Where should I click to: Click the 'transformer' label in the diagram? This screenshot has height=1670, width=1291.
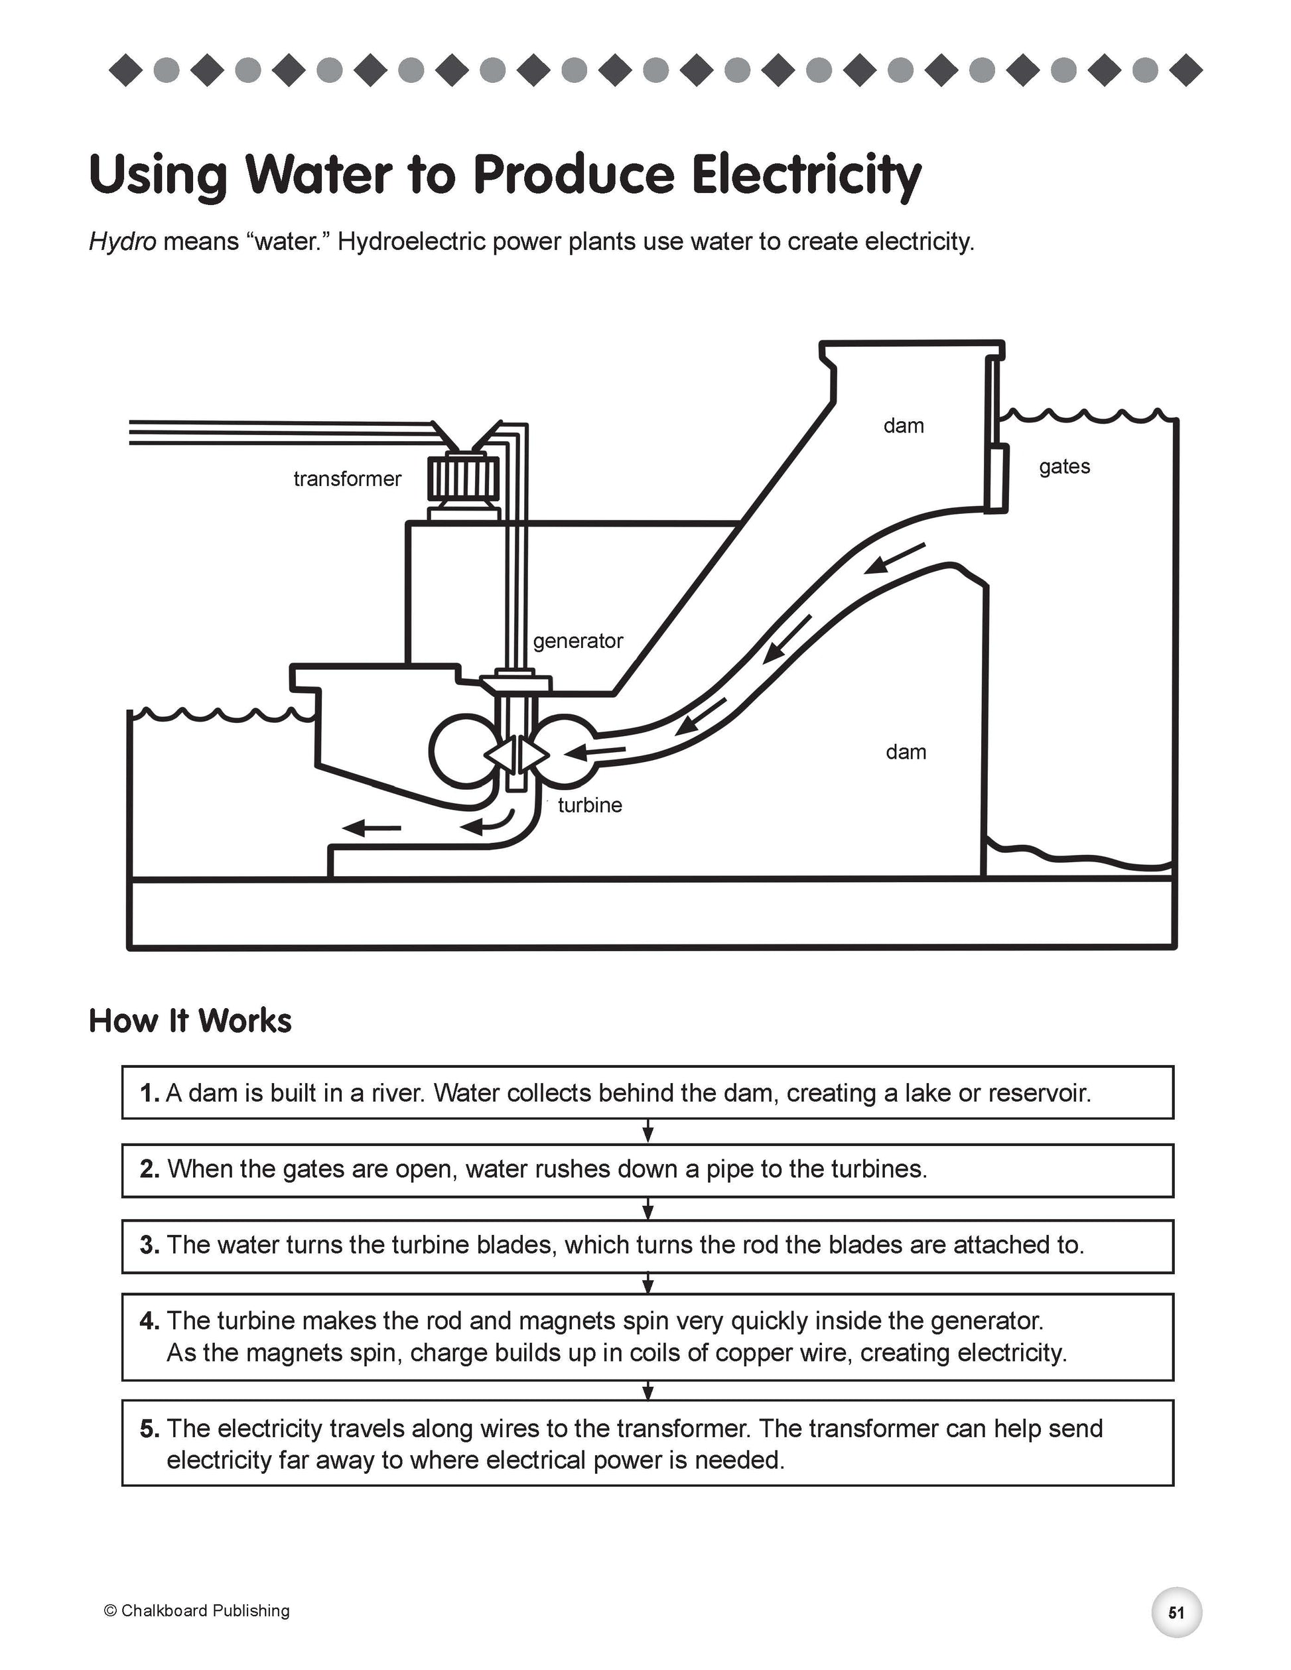tap(347, 480)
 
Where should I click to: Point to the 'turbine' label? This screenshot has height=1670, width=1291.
tap(590, 805)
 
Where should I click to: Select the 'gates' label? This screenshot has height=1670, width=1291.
tap(1064, 466)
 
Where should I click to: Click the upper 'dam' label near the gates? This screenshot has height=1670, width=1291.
tap(904, 426)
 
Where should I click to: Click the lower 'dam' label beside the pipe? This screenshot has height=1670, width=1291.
tap(906, 752)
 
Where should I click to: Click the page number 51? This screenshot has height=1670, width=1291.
tap(1176, 1613)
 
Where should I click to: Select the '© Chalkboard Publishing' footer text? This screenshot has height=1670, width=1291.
tap(196, 1610)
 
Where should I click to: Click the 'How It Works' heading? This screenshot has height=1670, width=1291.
tap(190, 1021)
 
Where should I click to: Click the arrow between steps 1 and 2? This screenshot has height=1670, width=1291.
tap(647, 1131)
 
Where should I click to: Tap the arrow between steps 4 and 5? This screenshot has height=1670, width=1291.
tap(647, 1390)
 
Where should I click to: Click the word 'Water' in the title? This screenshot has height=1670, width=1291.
tap(318, 175)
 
